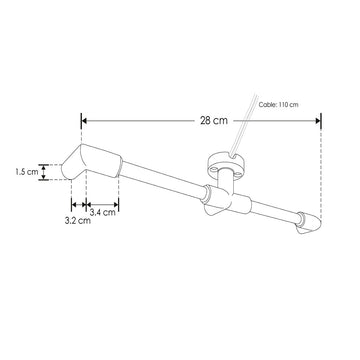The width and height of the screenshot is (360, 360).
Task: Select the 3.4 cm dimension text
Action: pos(103,212)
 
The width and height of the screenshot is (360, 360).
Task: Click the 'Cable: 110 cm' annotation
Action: pos(279,103)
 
